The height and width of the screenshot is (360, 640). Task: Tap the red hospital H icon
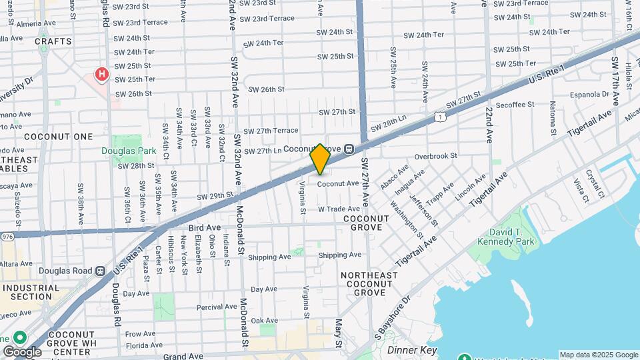[x=101, y=74]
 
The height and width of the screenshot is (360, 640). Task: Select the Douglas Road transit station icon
[x=100, y=271]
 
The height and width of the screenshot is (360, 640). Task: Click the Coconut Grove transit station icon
[x=349, y=149]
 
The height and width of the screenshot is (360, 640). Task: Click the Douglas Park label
[x=128, y=151]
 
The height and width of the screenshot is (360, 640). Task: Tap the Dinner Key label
[x=411, y=349]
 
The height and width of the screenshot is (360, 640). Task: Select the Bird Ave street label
[x=205, y=228]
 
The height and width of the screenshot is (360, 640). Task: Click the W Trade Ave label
[x=339, y=209]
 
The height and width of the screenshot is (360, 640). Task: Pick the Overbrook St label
[x=435, y=156]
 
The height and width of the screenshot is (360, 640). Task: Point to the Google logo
[x=22, y=351]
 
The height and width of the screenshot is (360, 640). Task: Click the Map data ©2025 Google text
[x=598, y=355]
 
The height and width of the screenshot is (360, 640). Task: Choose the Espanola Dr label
[x=587, y=94]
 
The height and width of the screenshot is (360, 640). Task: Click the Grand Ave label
[x=183, y=356]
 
